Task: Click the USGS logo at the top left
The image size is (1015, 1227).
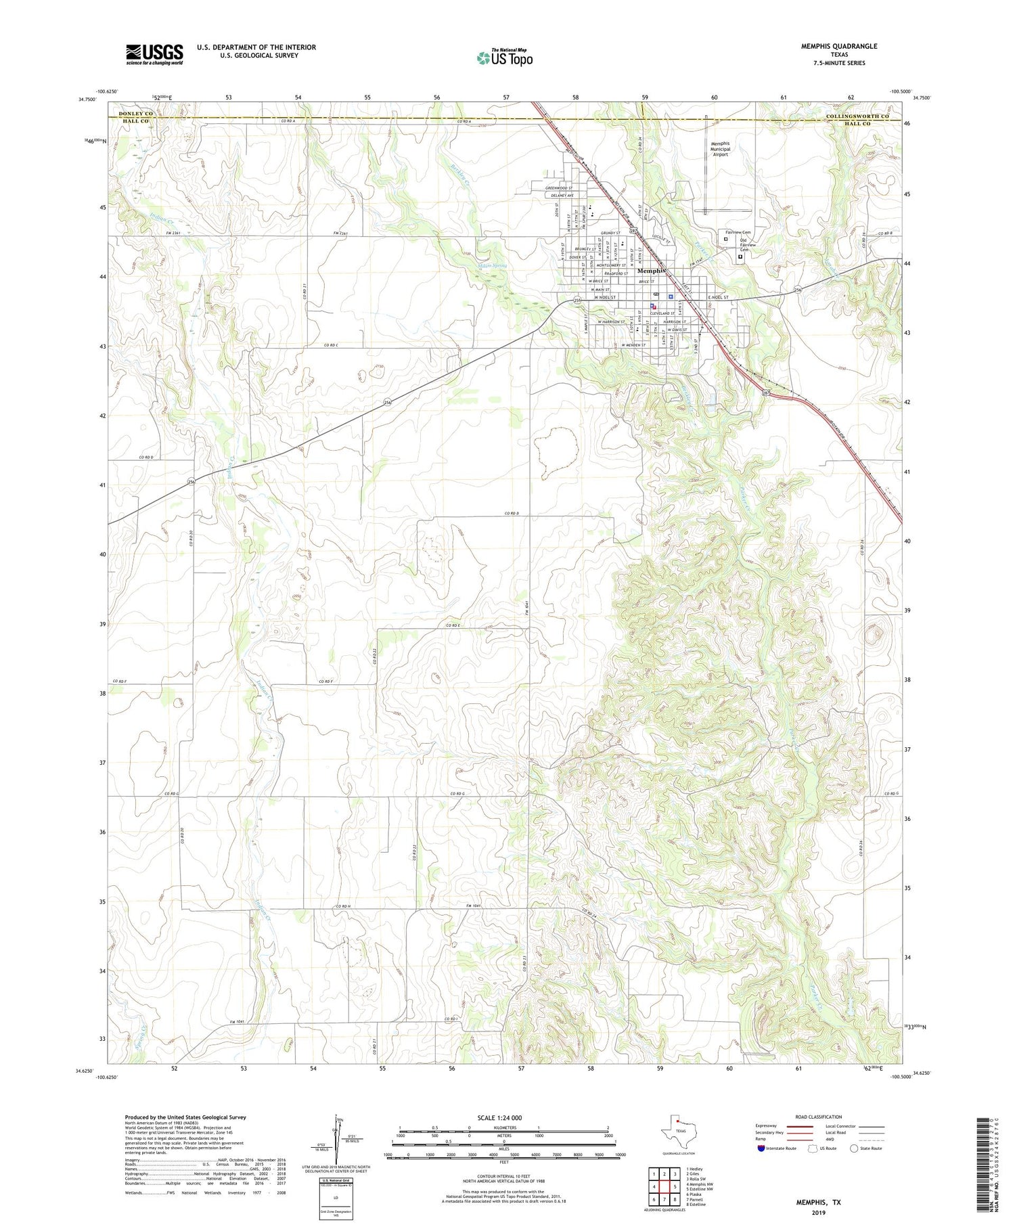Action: [154, 54]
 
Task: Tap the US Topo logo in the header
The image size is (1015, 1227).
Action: [505, 58]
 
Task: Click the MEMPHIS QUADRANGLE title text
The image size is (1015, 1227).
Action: [838, 46]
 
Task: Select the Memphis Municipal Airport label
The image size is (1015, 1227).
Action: [720, 149]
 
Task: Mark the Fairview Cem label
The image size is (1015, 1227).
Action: [738, 232]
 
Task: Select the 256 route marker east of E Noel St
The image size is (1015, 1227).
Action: [798, 290]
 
